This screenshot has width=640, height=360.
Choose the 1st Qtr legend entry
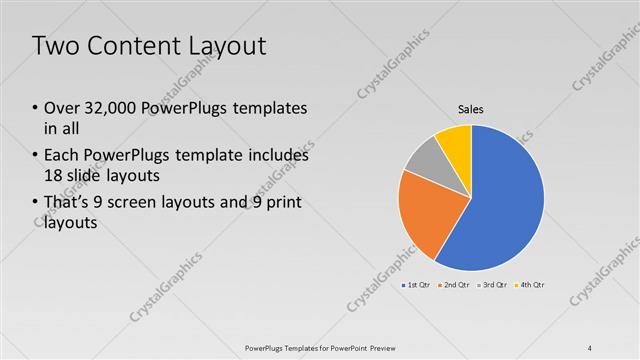[417, 286]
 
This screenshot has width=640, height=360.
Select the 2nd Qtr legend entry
[455, 286]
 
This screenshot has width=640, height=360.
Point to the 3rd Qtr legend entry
[493, 286]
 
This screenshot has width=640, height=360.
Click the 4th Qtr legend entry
[530, 286]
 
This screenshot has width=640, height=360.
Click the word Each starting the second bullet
[63, 156]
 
